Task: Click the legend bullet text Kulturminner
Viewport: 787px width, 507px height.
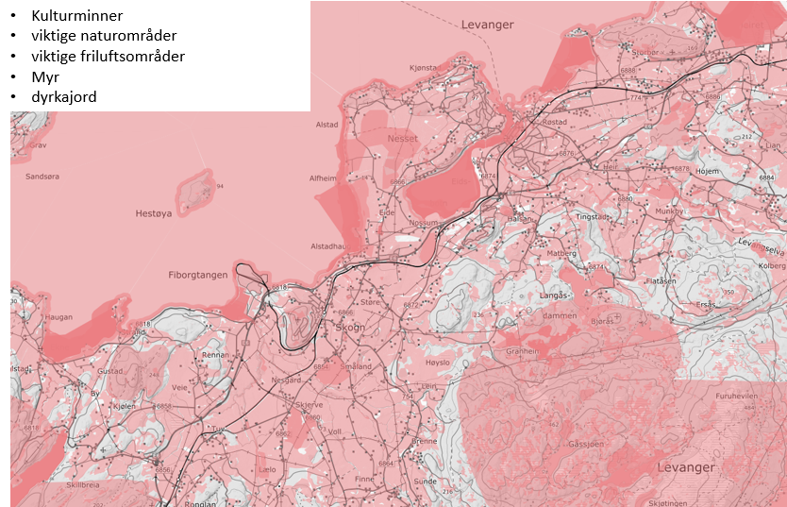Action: [76, 16]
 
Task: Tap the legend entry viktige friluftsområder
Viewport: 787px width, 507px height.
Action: [108, 57]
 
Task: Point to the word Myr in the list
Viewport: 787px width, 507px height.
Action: [45, 76]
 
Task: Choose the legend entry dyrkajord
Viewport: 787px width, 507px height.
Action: [63, 97]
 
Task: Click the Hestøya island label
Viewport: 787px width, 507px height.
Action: [154, 213]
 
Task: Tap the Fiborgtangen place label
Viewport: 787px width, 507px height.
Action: [197, 275]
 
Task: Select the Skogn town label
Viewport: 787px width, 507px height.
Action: [350, 328]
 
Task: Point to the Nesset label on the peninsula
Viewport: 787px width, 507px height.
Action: [402, 139]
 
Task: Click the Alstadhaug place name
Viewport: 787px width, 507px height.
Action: [329, 246]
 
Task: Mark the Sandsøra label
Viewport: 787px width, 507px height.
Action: [42, 177]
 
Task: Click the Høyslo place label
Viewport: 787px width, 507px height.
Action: [439, 363]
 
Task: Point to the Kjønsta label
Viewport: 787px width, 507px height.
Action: [424, 68]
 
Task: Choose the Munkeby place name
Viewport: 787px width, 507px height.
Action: [668, 211]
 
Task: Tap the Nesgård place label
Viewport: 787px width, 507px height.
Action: [286, 380]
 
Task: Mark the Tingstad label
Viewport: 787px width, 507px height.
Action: [593, 216]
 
